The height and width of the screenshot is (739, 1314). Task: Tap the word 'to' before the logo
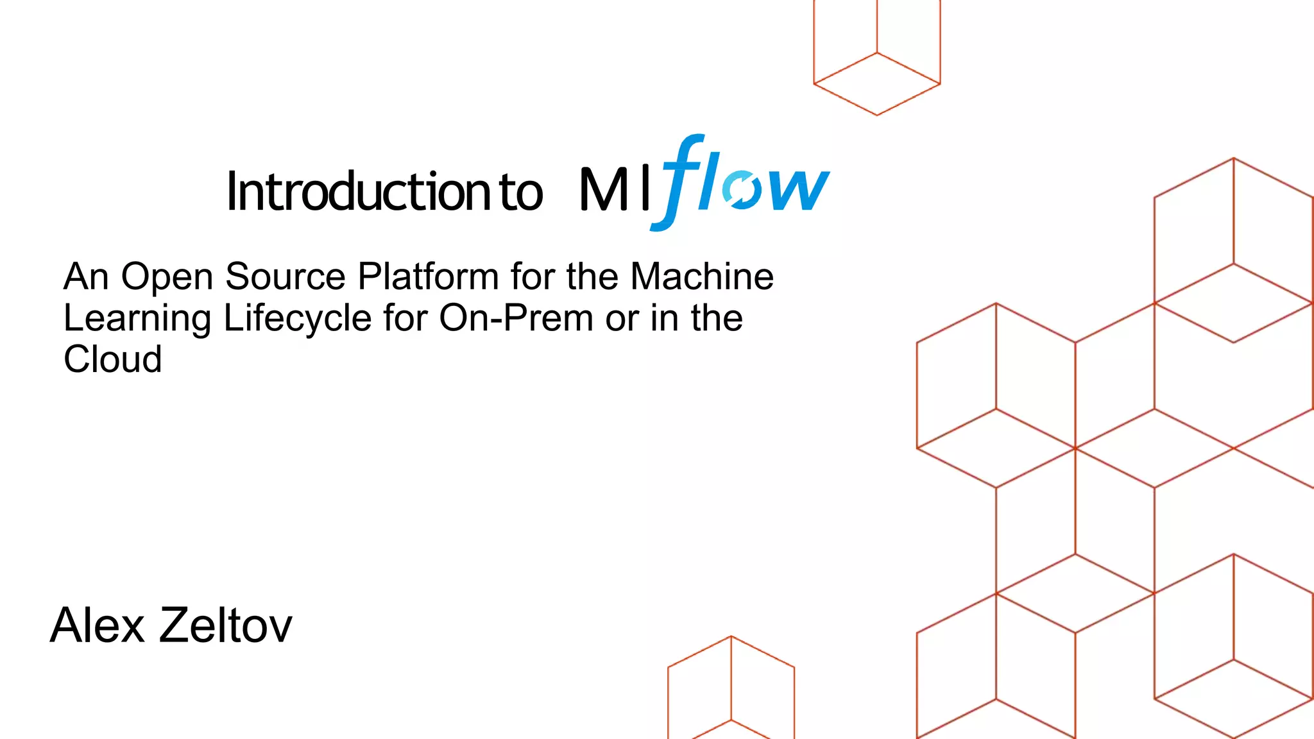click(x=520, y=192)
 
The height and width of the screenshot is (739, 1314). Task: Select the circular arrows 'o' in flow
click(x=741, y=190)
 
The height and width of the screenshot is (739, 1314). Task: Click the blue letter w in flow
click(x=796, y=190)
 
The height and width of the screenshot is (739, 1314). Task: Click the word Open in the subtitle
click(x=167, y=277)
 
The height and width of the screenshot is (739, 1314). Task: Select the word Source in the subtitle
click(x=286, y=277)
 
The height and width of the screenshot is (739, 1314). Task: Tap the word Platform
click(x=428, y=277)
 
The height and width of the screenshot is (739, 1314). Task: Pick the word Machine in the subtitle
click(x=702, y=277)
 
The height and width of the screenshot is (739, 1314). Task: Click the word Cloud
click(x=113, y=359)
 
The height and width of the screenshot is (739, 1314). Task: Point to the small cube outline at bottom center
click(x=731, y=690)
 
